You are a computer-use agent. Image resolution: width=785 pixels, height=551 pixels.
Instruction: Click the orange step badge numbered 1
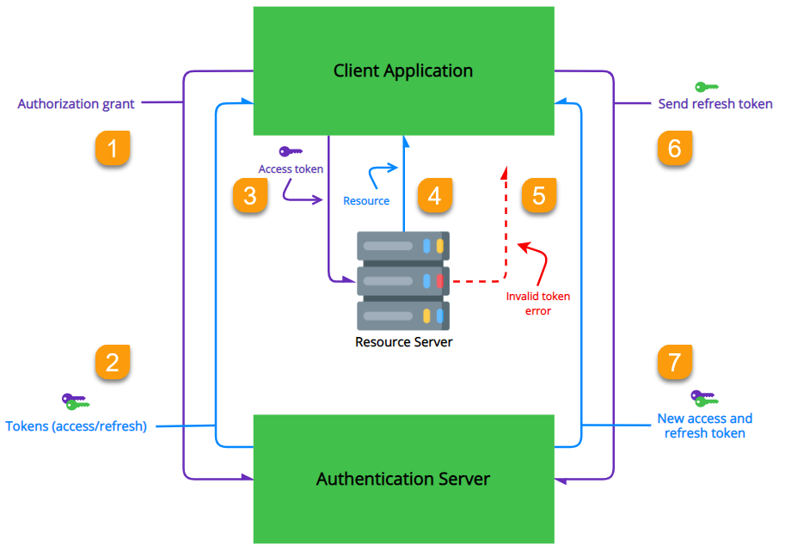point(112,148)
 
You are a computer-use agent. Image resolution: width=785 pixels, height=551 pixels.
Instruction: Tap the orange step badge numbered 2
point(112,362)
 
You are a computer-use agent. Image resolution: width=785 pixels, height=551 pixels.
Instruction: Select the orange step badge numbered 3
point(250,195)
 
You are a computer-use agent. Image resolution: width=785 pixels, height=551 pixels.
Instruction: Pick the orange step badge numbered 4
point(434,195)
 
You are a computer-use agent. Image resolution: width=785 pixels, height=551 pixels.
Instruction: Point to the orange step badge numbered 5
point(539,195)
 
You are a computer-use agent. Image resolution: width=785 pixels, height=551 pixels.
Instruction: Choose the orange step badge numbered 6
point(674,148)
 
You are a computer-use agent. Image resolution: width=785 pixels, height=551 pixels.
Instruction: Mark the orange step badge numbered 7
point(674,362)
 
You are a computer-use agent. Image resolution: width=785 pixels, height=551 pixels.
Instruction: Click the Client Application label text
point(403,70)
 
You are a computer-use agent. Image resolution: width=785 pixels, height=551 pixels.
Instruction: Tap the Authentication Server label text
point(403,479)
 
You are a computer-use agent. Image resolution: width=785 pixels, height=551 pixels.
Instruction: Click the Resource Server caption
point(403,342)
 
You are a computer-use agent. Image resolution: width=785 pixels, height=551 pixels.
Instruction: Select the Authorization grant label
point(76,104)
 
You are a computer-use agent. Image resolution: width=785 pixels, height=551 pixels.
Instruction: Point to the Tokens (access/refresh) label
point(77,425)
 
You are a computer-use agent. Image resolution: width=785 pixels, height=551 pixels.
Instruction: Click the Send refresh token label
point(715,104)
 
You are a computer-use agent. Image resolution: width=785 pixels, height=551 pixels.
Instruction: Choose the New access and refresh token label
point(705,425)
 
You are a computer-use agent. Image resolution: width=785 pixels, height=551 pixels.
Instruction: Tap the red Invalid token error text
point(538,303)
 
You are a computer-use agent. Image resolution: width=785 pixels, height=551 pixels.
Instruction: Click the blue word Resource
point(366,201)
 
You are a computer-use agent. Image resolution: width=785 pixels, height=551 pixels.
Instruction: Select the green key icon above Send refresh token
point(707,87)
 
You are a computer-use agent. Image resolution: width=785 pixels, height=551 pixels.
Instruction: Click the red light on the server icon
point(439,280)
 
